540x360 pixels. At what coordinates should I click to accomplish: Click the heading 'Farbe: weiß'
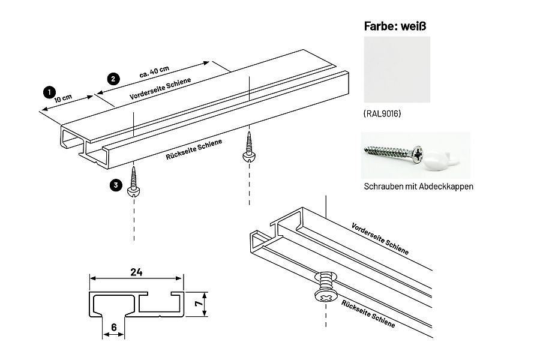click(397, 26)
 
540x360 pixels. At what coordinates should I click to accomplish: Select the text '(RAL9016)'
click(382, 113)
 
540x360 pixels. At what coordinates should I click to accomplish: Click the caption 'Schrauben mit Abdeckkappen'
click(418, 187)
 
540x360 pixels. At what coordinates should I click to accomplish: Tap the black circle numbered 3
click(115, 185)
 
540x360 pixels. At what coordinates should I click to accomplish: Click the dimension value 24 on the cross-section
click(136, 272)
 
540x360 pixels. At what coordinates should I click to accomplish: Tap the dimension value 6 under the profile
click(114, 327)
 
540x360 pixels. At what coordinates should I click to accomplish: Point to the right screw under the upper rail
click(248, 147)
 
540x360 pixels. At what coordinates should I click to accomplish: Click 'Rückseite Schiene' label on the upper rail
click(193, 150)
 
